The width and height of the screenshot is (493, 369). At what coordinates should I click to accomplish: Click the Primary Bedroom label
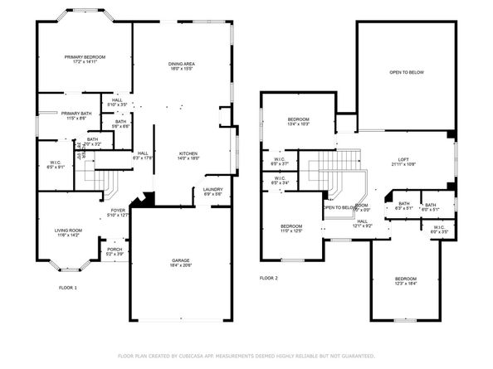click(85, 57)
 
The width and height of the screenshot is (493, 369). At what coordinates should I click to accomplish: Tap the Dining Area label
click(181, 64)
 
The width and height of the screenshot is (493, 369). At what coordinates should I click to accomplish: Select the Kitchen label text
click(188, 154)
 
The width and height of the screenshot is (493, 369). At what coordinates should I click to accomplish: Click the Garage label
click(180, 260)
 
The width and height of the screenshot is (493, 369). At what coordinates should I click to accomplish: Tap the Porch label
click(114, 250)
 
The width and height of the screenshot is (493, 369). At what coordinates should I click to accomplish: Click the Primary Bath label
click(76, 114)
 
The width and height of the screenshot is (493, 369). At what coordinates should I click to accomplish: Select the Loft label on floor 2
click(403, 159)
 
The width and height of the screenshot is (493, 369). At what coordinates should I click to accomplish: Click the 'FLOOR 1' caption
click(68, 288)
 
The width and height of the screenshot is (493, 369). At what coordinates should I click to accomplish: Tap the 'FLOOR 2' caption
click(268, 278)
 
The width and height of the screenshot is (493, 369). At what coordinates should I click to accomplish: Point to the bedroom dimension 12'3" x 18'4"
click(404, 284)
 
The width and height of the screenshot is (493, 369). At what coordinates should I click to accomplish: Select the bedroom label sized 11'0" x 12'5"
click(291, 230)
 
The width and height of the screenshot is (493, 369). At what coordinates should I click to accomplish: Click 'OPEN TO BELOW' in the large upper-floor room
click(407, 73)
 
